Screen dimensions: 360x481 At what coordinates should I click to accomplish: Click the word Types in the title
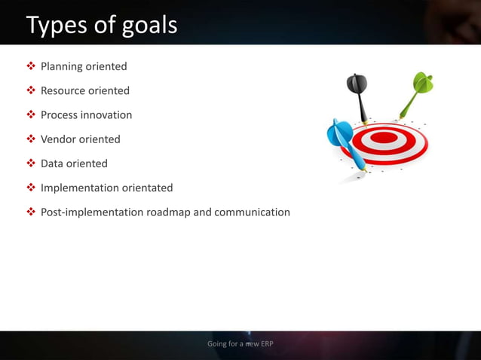(x=57, y=25)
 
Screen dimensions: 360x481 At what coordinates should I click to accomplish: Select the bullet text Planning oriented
(x=84, y=66)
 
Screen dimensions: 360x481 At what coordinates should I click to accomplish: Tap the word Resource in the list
(x=63, y=90)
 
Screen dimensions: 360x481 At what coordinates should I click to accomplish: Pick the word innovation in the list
(x=108, y=115)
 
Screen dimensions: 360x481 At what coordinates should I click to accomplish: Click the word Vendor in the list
(x=59, y=139)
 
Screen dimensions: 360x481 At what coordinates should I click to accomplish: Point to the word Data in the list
(x=53, y=163)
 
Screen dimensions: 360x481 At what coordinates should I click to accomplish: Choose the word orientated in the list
(x=146, y=188)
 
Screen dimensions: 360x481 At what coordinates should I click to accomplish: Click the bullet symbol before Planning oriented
(x=31, y=66)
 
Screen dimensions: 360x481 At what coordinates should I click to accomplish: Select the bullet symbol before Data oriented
(x=31, y=163)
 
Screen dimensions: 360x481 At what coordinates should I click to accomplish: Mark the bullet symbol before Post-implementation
(x=31, y=212)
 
